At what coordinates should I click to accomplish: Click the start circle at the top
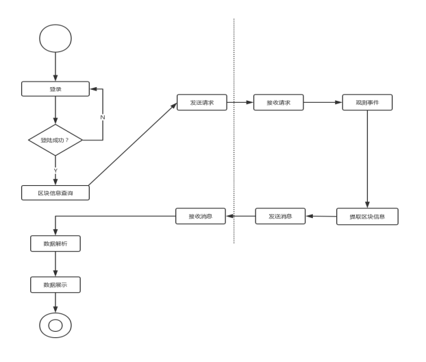pyautogui.click(x=55, y=38)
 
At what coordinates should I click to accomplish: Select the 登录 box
pyautogui.click(x=55, y=89)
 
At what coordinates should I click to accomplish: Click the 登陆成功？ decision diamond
pyautogui.click(x=55, y=140)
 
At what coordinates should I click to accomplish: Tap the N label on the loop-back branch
pyautogui.click(x=103, y=117)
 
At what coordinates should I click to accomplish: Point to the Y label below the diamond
pyautogui.click(x=55, y=170)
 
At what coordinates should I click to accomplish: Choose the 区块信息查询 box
pyautogui.click(x=55, y=193)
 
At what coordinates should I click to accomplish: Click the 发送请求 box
pyautogui.click(x=202, y=103)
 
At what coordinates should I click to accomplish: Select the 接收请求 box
pyautogui.click(x=278, y=103)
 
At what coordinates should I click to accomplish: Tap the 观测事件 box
pyautogui.click(x=367, y=103)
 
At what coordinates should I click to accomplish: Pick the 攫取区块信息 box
pyautogui.click(x=367, y=217)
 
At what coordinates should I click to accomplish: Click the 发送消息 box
pyautogui.click(x=280, y=216)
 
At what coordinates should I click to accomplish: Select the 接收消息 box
pyautogui.click(x=201, y=216)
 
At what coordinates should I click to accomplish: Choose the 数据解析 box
pyautogui.click(x=55, y=243)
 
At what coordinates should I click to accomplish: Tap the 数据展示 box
pyautogui.click(x=55, y=285)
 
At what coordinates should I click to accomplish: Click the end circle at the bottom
pyautogui.click(x=55, y=325)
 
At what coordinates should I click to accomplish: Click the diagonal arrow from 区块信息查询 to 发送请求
pyautogui.click(x=134, y=145)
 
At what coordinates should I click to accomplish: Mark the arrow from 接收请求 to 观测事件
pyautogui.click(x=323, y=103)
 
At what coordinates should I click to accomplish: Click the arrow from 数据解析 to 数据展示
pyautogui.click(x=55, y=264)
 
